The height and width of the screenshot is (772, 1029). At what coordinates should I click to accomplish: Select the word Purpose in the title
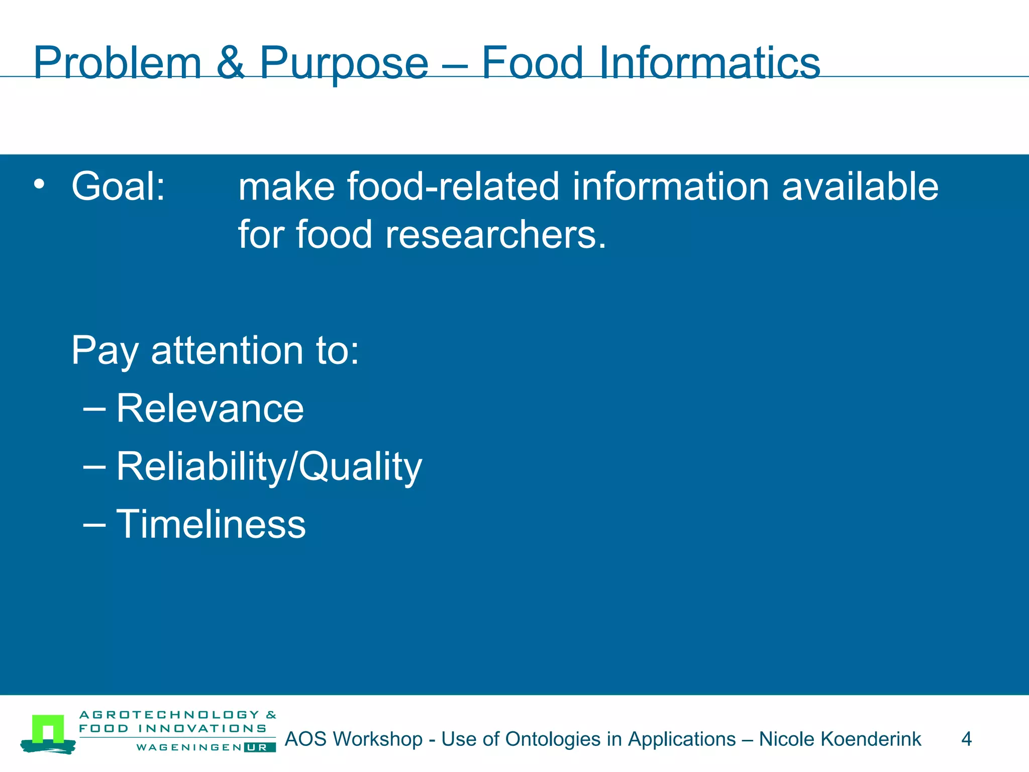click(x=344, y=64)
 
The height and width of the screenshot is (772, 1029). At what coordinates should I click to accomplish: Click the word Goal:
click(x=119, y=186)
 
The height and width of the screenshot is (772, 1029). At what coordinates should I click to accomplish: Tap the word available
click(x=860, y=186)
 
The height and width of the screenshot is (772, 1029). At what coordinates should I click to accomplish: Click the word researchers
click(x=495, y=235)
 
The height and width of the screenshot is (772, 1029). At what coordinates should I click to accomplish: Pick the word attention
click(x=227, y=350)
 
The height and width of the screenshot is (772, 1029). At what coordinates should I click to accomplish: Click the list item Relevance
click(x=210, y=408)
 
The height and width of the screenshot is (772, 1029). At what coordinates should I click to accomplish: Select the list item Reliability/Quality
click(x=269, y=467)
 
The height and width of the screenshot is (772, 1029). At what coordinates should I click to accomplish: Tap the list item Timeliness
click(x=211, y=524)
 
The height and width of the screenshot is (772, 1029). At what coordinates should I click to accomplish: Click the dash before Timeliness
click(x=94, y=524)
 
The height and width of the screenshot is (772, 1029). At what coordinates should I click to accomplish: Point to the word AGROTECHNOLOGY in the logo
click(x=170, y=715)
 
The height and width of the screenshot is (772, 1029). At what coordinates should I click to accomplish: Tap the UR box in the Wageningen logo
click(x=260, y=747)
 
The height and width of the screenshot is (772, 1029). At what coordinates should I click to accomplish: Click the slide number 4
click(x=966, y=739)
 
